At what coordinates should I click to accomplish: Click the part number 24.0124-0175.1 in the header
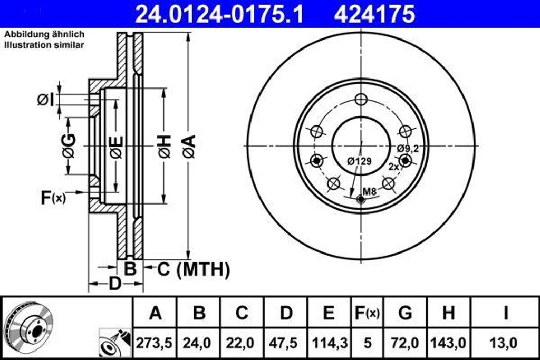coord(219,14)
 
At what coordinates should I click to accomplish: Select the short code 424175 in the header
coord(374,14)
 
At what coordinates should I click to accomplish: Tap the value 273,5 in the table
coord(155,343)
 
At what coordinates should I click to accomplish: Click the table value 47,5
coord(285,343)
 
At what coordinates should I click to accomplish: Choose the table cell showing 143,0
coord(448,343)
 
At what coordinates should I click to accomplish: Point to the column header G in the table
coord(405,313)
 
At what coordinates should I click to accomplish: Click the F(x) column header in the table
coord(366,313)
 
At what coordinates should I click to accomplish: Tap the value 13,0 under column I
coord(505,343)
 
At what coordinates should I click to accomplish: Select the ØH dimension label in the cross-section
coord(164,146)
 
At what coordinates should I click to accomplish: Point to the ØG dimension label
coord(69,146)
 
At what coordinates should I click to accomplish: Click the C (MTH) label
coord(194,269)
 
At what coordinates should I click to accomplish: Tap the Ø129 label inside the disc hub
coord(359,162)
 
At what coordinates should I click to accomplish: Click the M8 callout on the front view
coord(370,192)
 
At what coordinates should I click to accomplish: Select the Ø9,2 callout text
coord(408,149)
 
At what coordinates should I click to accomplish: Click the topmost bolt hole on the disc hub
coord(361,100)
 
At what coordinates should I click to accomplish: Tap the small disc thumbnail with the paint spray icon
coord(113,344)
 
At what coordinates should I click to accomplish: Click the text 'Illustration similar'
coord(44,45)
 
